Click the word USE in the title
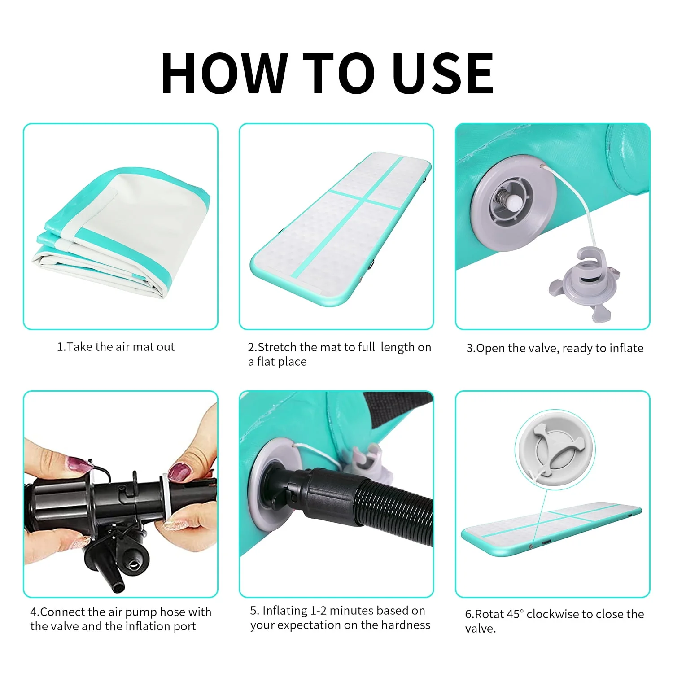[x=443, y=73]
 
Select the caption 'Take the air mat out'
[x=121, y=347]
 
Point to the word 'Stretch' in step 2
[x=277, y=347]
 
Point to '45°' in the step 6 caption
[x=516, y=614]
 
